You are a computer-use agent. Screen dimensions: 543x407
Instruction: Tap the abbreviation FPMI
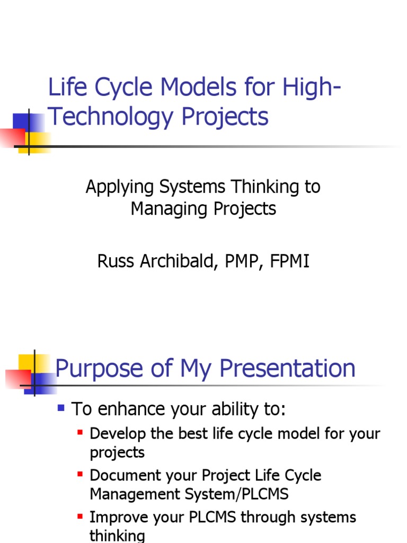pos(289,261)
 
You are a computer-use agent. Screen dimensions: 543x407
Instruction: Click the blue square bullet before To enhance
pos(61,408)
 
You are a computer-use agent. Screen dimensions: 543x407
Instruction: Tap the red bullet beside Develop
pos(81,433)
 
